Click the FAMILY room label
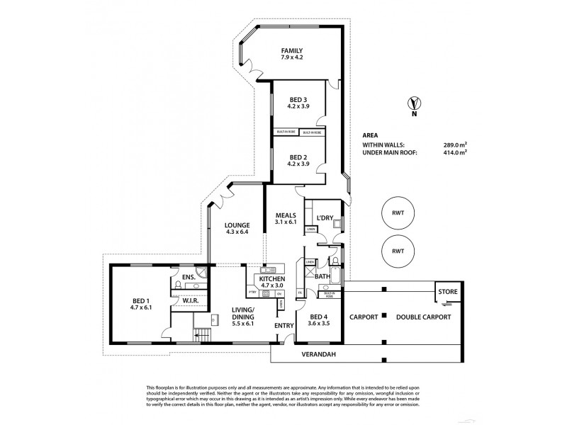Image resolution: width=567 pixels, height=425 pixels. (291, 50)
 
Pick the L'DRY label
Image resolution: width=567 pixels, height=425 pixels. (325, 217)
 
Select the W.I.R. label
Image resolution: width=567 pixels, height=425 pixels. (188, 300)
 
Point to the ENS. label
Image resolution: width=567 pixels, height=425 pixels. (188, 277)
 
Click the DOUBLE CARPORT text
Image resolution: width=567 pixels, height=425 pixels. (423, 317)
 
